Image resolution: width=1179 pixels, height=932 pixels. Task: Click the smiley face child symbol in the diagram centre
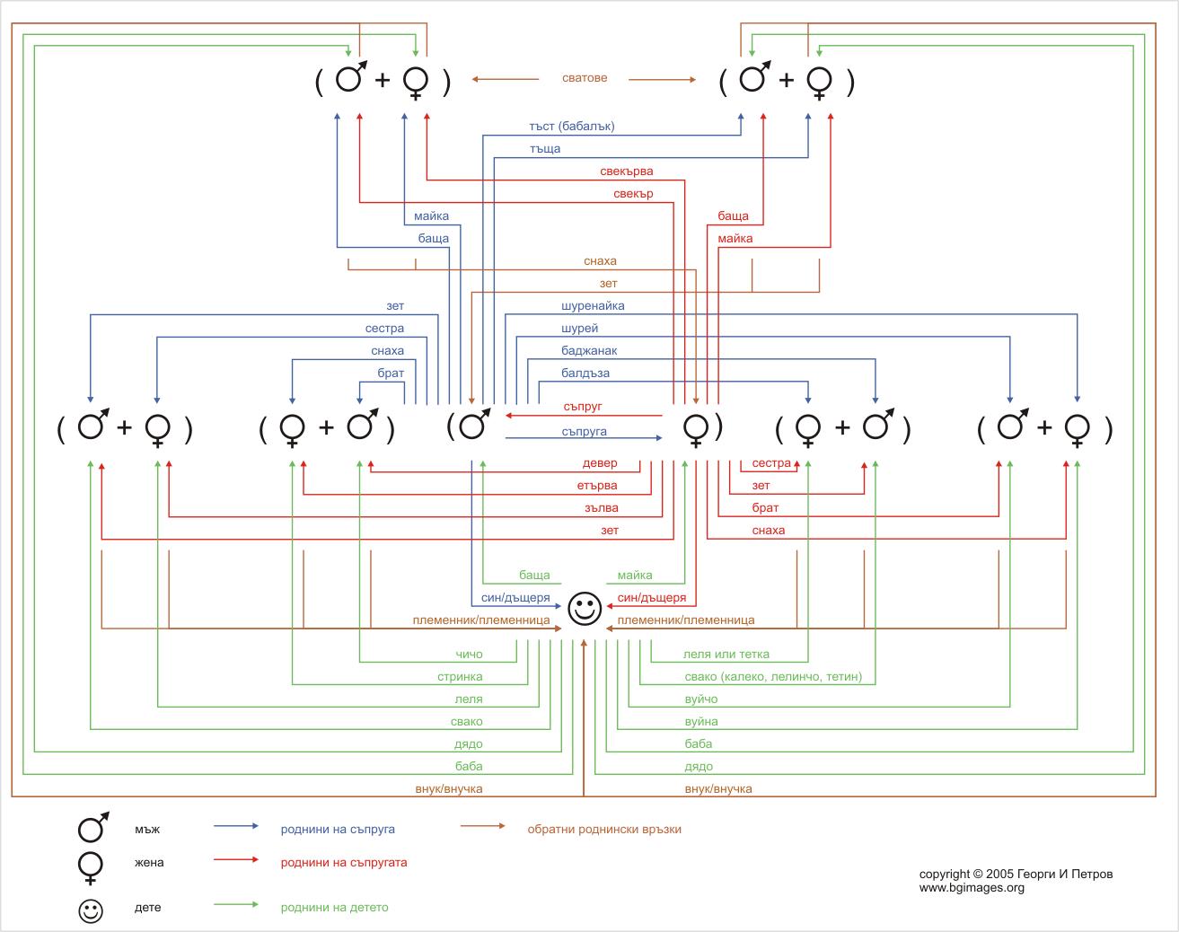tap(584, 609)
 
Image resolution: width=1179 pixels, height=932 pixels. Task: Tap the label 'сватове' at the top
tap(585, 78)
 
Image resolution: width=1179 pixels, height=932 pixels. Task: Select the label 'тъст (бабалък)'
tap(572, 127)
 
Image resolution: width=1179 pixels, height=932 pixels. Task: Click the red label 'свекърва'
tap(627, 171)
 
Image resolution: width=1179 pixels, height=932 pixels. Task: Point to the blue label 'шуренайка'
tap(593, 306)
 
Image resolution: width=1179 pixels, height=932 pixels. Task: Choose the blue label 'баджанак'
tap(589, 351)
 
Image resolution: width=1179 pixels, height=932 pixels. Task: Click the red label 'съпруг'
tap(583, 407)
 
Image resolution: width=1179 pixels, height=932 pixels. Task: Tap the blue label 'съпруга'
tap(584, 432)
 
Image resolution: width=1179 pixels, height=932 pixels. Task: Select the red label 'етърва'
tap(597, 486)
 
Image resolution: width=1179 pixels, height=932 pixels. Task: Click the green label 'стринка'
tap(460, 677)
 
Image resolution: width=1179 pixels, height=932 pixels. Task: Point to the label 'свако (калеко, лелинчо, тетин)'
tap(772, 677)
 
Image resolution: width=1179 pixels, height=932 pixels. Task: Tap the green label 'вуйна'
tap(700, 722)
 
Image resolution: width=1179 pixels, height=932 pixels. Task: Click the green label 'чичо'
tap(469, 655)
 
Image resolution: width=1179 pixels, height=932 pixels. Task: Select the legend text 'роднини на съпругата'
tap(344, 863)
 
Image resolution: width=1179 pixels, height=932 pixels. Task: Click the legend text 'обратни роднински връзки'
tap(604, 830)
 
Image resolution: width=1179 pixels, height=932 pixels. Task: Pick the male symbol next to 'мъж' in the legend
tap(92, 827)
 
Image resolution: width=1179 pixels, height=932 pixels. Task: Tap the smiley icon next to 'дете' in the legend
tap(91, 910)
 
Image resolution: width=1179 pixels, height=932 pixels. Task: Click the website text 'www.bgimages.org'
tap(972, 888)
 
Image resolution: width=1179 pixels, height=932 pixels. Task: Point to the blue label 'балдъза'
tap(585, 374)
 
